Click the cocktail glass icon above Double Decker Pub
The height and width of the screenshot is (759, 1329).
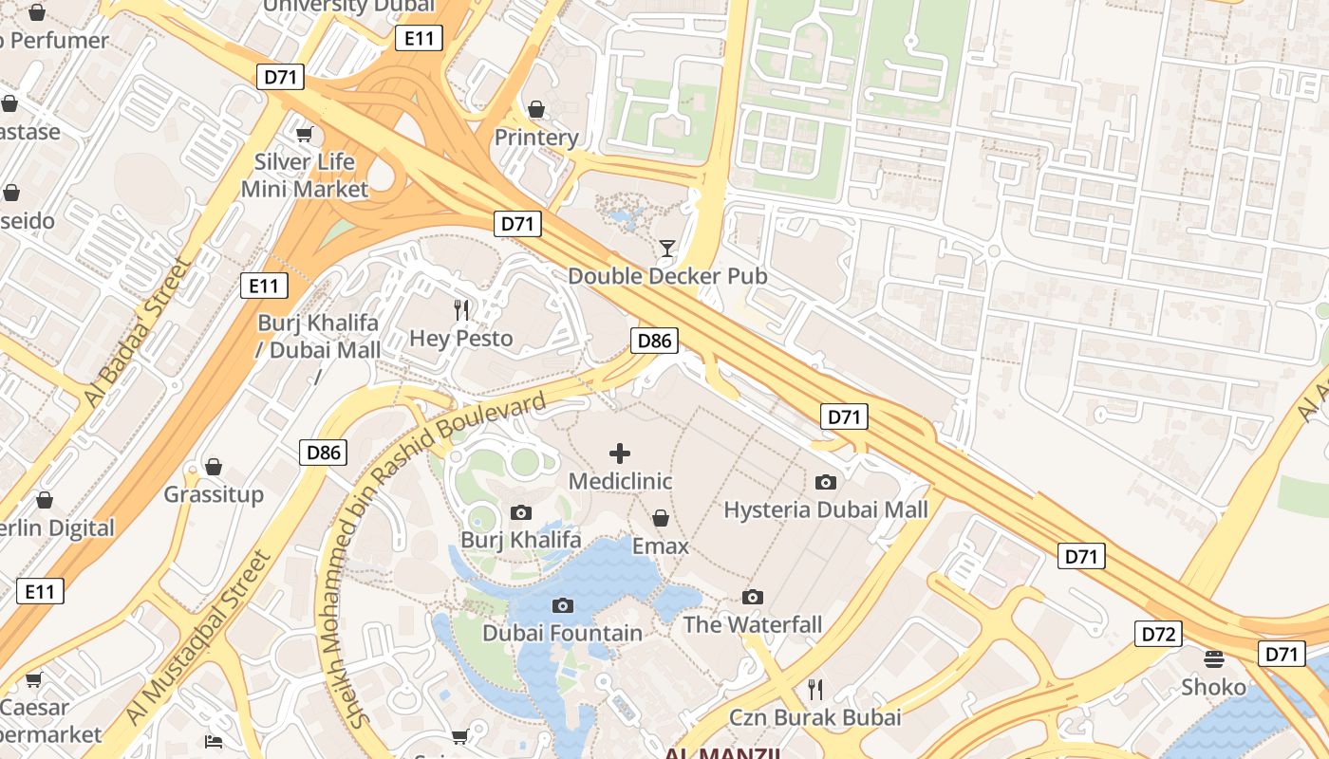(667, 249)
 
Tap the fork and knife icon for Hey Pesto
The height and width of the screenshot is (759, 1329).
(461, 309)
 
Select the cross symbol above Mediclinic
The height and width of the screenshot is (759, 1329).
(620, 454)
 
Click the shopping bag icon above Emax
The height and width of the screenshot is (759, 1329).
(661, 518)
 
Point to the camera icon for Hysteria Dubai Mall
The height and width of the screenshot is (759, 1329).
(826, 482)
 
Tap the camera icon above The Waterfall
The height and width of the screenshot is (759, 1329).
(753, 597)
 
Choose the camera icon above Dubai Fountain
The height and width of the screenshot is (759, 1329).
(563, 605)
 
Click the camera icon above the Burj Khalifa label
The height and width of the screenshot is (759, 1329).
(520, 513)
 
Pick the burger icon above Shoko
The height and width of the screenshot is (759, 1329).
(1213, 658)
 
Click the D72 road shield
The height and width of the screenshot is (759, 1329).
(1158, 634)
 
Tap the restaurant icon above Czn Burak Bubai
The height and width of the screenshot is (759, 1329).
(814, 689)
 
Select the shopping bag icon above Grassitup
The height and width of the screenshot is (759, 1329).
(214, 467)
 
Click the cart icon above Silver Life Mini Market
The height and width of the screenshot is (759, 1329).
(304, 134)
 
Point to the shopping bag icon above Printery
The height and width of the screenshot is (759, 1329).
(536, 109)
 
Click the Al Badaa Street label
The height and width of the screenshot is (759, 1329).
(139, 332)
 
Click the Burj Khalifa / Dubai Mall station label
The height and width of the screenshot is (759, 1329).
(319, 336)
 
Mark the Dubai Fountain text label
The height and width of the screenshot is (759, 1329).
(562, 633)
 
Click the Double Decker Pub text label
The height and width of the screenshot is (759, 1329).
(667, 276)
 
